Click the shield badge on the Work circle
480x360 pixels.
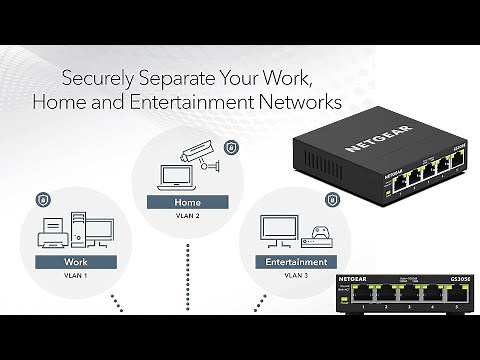pos(43,200)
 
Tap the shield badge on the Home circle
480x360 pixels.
pos(230,146)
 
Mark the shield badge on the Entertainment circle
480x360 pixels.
pos(317,197)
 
